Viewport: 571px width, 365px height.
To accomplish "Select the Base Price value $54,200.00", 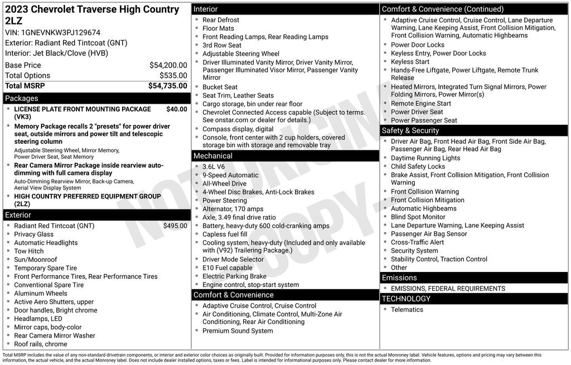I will click(168, 65).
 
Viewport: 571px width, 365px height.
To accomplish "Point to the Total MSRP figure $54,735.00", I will click(167, 86).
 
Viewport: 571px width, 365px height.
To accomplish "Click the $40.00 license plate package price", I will click(177, 109).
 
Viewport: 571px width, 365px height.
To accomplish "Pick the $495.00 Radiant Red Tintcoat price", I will click(175, 226).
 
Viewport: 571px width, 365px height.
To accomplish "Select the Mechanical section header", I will click(213, 156).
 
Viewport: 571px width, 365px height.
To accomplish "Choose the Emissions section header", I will click(399, 278).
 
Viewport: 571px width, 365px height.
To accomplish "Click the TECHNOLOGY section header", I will click(406, 299).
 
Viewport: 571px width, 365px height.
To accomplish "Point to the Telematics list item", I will click(407, 309).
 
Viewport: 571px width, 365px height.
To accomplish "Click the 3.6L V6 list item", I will click(214, 167).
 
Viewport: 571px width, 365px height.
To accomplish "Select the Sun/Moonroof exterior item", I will click(36, 260).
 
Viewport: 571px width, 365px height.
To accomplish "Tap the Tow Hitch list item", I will click(29, 251).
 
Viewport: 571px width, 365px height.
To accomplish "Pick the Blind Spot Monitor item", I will click(418, 217).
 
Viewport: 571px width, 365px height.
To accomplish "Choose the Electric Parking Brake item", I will click(234, 276).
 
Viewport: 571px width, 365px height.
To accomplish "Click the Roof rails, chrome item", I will click(41, 344).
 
